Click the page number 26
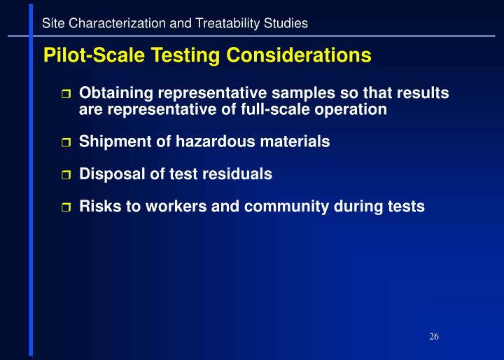coord(434,338)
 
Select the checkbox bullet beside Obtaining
coord(66,95)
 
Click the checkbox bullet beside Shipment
coord(66,143)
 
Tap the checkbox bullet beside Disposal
coord(66,176)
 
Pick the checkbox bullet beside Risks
coord(66,208)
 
